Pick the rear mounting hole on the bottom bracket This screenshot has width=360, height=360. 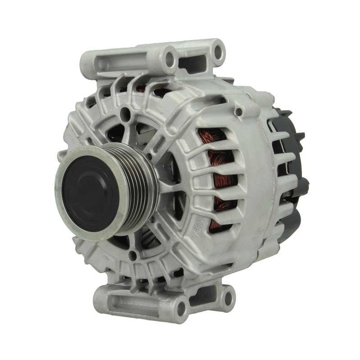point(227,297)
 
